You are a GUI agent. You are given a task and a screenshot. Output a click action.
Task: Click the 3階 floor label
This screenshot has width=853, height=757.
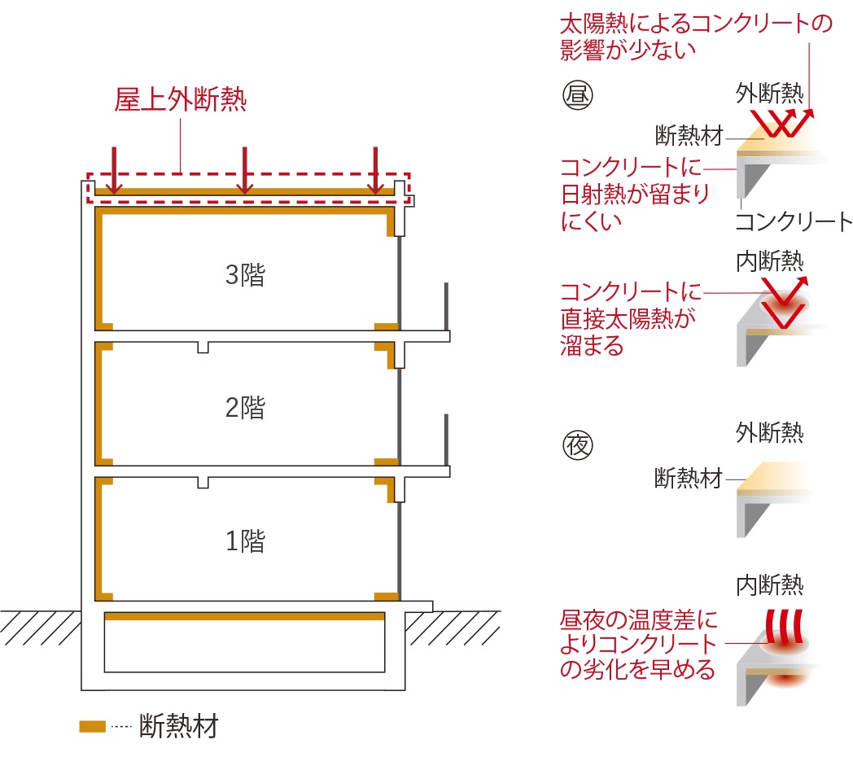pos(245,275)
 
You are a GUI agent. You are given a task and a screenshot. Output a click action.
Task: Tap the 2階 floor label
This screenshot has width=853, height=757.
pos(245,408)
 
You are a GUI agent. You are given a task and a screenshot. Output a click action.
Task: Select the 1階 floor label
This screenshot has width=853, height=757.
pos(245,541)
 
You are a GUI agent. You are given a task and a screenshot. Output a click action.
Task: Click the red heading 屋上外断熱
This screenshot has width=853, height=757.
pos(181,99)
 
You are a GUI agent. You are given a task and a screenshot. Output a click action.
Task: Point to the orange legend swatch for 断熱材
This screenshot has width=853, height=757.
pos(93,727)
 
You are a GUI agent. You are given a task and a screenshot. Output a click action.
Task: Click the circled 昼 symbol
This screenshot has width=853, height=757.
pos(577,94)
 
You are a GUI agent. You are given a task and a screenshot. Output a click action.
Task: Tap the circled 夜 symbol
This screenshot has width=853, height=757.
pos(577,445)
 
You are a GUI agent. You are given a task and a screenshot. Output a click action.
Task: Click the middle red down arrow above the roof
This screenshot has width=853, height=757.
pos(245,170)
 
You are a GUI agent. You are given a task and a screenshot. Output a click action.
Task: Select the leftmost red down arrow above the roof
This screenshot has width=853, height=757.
pos(114,170)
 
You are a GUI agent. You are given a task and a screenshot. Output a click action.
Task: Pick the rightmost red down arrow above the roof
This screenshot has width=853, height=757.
pos(375,170)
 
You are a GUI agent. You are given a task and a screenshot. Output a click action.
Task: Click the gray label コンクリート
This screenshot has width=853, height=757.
pos(793,222)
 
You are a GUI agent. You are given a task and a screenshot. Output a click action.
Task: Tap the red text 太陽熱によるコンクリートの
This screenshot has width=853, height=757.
pos(697,24)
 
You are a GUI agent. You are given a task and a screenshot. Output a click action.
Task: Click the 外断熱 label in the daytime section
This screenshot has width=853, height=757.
pos(769,93)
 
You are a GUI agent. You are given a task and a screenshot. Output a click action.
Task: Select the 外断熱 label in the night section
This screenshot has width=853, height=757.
pos(769,433)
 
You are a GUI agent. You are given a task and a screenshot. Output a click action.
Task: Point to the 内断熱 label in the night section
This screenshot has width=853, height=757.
pos(769,585)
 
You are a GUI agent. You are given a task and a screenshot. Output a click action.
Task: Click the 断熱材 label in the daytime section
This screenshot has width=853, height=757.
pos(689,135)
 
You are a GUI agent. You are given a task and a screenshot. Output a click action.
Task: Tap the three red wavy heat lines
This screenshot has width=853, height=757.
pos(784,627)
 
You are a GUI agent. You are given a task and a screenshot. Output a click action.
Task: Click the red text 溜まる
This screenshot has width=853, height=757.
pos(592,346)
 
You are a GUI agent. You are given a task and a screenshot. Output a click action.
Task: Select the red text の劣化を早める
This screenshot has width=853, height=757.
pos(637,669)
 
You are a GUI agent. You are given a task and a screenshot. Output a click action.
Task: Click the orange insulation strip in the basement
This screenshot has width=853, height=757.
pos(245,617)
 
